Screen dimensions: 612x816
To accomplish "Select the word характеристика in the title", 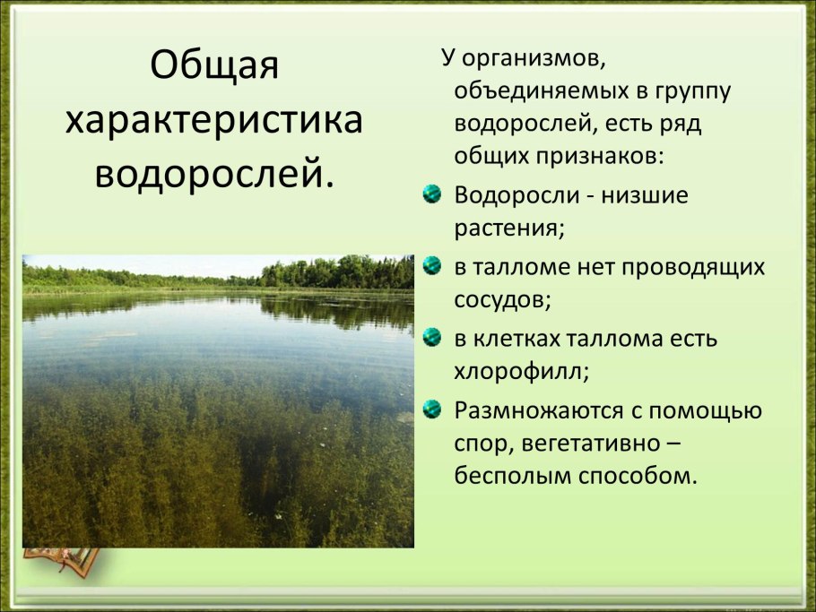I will [x=214, y=120].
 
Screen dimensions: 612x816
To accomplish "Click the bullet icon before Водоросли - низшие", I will [x=432, y=194].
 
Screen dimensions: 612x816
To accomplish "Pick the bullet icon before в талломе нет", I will [x=432, y=266].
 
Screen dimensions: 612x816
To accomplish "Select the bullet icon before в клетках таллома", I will [x=432, y=338].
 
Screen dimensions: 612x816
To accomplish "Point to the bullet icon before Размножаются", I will [x=432, y=409].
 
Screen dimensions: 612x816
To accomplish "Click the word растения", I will [x=508, y=228].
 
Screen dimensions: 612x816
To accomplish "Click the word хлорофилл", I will [x=521, y=371].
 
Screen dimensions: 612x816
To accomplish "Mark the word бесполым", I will [x=516, y=475].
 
